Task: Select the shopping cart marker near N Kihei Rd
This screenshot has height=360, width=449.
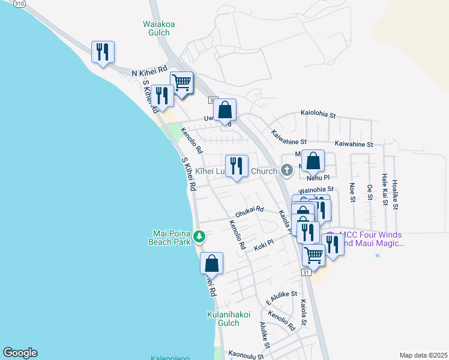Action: click(181, 82)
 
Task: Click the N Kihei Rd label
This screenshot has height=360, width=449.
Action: click(150, 73)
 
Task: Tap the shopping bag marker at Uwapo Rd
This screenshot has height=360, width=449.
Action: click(225, 110)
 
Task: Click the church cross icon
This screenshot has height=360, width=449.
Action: click(286, 171)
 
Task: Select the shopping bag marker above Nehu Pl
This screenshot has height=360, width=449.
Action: click(313, 161)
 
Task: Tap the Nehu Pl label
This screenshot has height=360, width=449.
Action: click(318, 178)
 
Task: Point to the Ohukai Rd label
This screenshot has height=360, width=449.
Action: click(249, 211)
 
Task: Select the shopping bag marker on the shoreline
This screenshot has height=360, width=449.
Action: click(211, 263)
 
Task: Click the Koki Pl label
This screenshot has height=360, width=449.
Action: click(263, 243)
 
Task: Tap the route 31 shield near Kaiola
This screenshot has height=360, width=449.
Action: click(306, 272)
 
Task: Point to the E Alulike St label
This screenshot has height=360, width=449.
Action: click(282, 298)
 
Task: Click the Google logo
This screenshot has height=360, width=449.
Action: click(20, 353)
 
